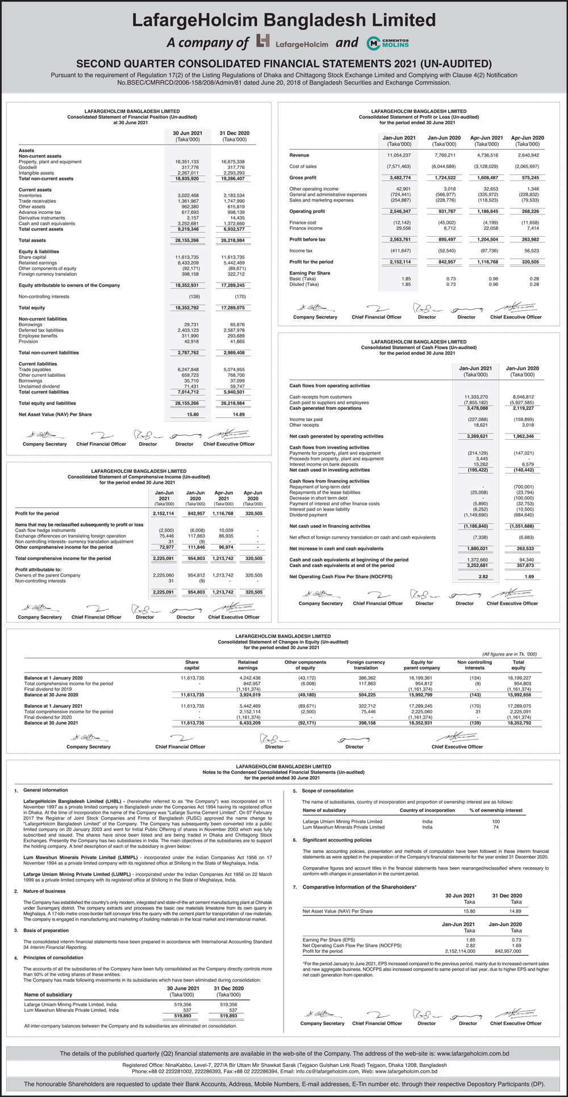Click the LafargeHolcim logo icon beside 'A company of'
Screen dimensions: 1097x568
(263, 41)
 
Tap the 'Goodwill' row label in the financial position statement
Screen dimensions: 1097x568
(28, 167)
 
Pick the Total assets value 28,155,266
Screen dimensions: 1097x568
(187, 241)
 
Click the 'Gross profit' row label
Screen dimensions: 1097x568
(303, 178)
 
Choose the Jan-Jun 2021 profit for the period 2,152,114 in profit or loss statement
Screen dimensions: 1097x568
(400, 262)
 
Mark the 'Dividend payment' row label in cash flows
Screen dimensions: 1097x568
(308, 515)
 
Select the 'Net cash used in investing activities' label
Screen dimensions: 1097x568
(329, 470)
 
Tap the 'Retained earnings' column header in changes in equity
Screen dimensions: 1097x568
(248, 665)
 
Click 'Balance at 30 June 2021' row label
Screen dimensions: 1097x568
(51, 723)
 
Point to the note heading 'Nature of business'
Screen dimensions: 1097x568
(44, 891)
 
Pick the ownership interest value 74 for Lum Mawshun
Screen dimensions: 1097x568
(496, 827)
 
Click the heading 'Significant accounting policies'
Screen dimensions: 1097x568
(337, 840)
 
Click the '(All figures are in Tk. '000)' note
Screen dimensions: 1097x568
(509, 654)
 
